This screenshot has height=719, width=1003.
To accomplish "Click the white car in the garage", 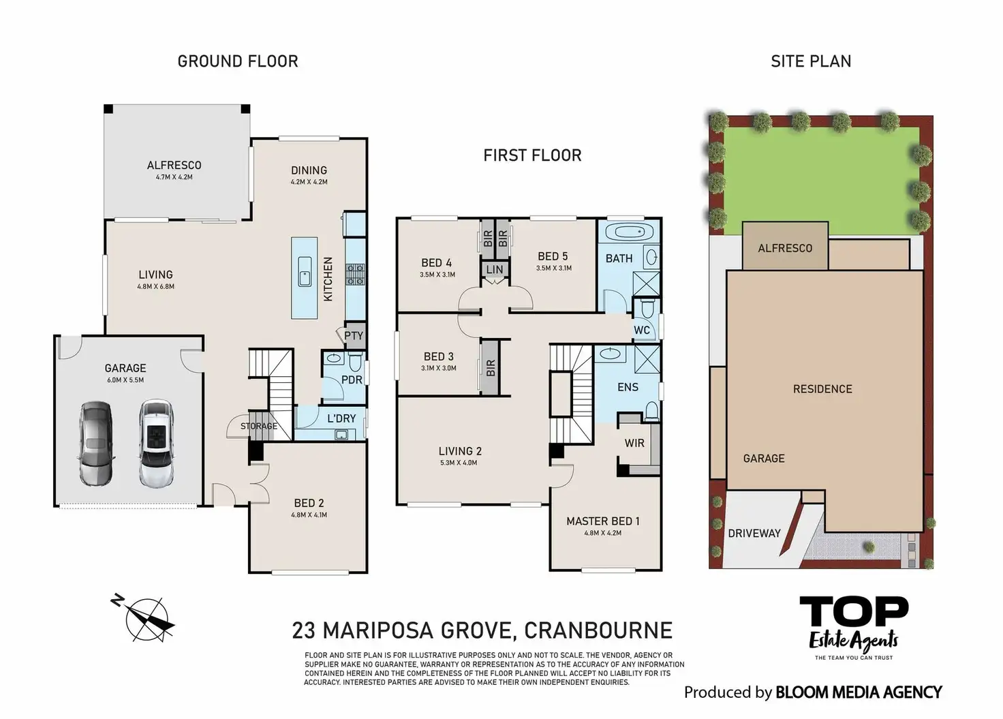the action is click(x=155, y=443).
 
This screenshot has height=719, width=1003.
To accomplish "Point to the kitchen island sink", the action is click(x=305, y=271).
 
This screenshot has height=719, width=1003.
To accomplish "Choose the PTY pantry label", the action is click(x=354, y=335).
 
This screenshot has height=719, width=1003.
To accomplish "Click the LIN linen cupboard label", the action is click(x=495, y=270).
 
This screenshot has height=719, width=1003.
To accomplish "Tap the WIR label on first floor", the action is click(x=634, y=443).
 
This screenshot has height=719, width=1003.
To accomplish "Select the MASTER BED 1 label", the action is click(x=603, y=521).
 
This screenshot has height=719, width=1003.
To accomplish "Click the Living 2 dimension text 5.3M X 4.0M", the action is click(x=459, y=463).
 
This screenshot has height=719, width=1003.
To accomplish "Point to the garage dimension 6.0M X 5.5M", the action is click(x=125, y=380).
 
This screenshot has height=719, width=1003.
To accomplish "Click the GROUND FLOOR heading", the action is click(x=238, y=61).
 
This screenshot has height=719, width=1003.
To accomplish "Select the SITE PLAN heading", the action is click(x=811, y=61).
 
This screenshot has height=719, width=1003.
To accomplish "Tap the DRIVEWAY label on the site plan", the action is click(x=754, y=533).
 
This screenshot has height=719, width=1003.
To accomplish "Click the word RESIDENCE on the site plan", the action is click(x=822, y=389).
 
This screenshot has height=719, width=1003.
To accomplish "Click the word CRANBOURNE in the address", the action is click(x=598, y=630).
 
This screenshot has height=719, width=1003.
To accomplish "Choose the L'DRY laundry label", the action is click(x=341, y=418).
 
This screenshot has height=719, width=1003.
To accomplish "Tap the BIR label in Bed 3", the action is click(x=491, y=368).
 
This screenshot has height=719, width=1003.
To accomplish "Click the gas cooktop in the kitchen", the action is click(x=355, y=275).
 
